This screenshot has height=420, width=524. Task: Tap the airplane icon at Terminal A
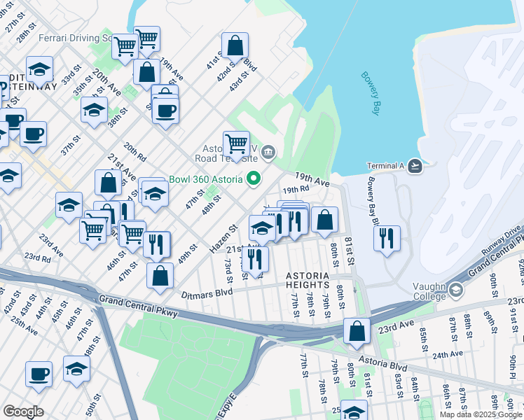(x=415, y=166)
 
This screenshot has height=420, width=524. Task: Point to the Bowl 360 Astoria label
(x=206, y=178)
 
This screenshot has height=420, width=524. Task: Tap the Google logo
(x=23, y=411)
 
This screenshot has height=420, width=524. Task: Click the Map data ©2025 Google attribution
(x=481, y=414)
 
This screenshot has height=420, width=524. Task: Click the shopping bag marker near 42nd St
(x=235, y=46)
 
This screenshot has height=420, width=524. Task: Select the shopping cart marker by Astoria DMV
(x=237, y=144)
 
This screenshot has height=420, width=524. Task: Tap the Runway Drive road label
(x=502, y=237)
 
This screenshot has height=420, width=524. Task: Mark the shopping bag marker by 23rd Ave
(x=357, y=331)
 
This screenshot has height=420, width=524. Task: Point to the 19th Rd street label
(x=296, y=189)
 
